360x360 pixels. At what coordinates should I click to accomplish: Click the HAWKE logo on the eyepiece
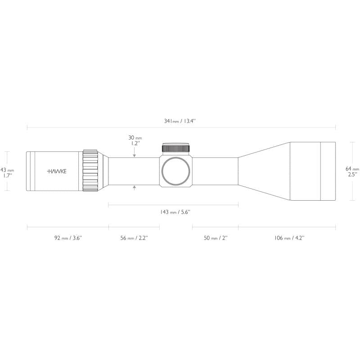(56, 171)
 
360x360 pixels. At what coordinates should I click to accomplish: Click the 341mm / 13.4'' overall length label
(180, 121)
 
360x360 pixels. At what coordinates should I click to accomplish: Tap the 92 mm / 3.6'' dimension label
(68, 238)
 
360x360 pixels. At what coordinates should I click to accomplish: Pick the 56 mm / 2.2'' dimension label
(134, 238)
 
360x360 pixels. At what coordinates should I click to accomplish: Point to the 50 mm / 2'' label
(215, 238)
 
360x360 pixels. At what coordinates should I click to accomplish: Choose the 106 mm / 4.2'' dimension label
(289, 238)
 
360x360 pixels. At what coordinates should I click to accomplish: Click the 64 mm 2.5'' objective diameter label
(352, 171)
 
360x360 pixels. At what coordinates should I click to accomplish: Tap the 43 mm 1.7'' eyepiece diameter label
(7, 173)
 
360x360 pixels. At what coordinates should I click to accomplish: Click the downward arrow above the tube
(135, 154)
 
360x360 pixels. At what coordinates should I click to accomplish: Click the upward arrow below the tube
(135, 188)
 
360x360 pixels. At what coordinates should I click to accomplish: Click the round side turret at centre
(175, 171)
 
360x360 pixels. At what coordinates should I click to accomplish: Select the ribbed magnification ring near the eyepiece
(90, 171)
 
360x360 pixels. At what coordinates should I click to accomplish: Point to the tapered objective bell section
(263, 171)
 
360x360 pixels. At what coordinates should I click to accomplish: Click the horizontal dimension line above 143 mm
(173, 205)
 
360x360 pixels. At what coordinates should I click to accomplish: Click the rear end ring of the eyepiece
(29, 171)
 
